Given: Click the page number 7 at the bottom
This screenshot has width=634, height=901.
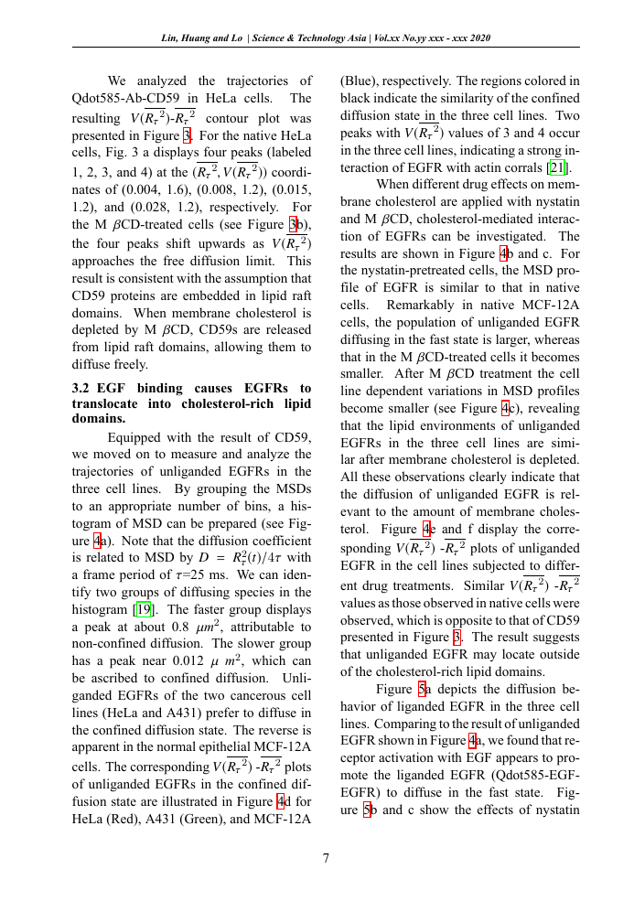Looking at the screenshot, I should tap(327, 858).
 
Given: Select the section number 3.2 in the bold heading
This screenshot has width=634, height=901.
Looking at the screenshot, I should tap(82, 389).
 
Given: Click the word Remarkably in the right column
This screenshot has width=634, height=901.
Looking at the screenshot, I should tap(424, 305).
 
